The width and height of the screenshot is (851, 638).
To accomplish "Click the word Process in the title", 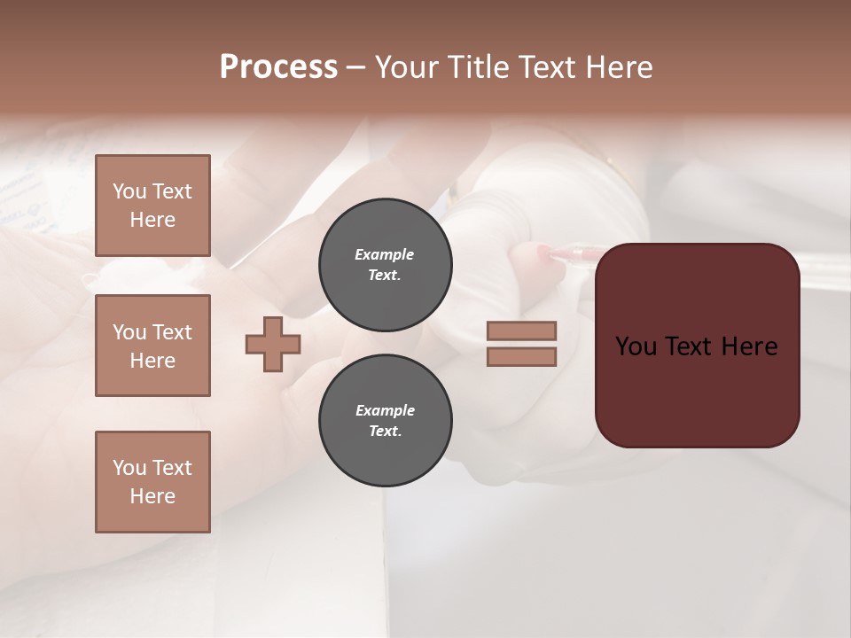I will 278,67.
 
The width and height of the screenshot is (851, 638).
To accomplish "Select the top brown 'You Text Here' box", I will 152,206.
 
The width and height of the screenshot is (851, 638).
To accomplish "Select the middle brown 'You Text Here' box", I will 152,346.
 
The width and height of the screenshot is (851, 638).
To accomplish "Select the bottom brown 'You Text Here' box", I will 152,482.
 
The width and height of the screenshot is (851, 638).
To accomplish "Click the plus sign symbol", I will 273,344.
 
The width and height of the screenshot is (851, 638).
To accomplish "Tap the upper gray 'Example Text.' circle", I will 385,265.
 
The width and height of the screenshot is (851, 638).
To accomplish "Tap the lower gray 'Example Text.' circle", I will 385,421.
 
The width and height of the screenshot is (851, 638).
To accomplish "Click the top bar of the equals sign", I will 521,331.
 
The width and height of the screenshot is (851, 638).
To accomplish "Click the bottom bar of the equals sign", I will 521,356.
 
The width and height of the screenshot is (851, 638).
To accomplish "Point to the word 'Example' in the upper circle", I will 384,254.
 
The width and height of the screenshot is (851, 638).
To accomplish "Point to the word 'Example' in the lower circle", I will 385,410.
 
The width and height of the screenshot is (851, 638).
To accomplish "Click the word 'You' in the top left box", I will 129,191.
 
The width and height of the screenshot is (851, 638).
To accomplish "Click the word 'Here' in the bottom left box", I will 152,496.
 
